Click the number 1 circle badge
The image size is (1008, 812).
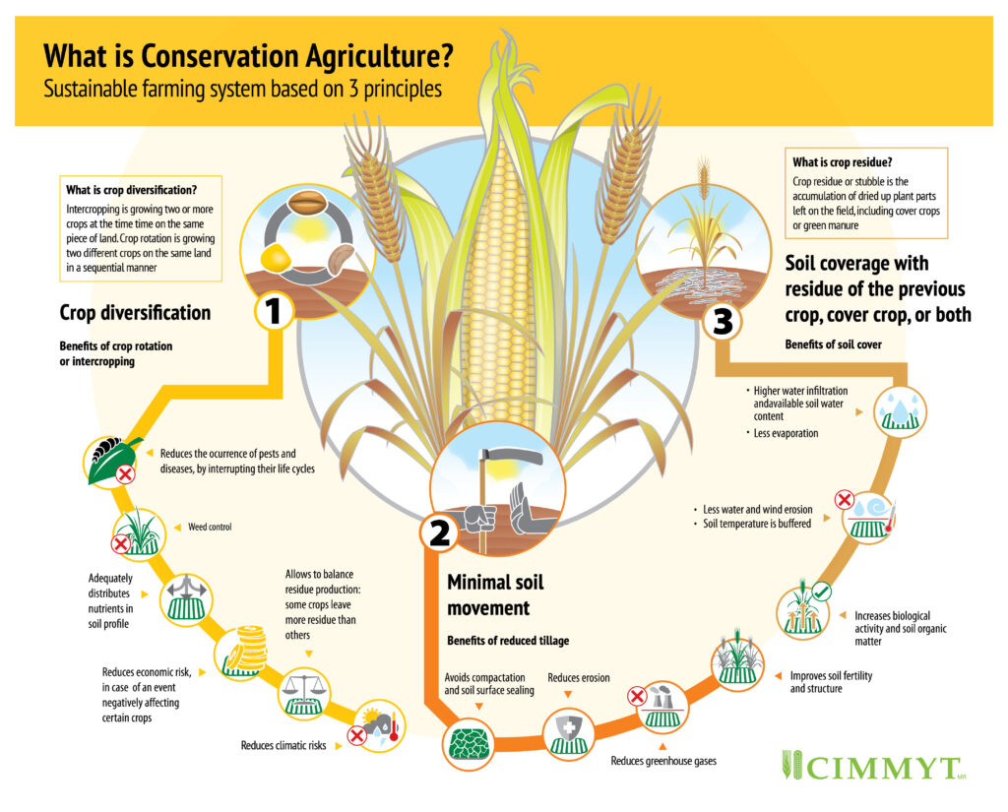point(274,312)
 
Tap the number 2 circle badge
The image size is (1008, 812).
point(436,532)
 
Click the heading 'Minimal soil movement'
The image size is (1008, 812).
point(495,593)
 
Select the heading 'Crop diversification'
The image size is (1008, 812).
point(135,313)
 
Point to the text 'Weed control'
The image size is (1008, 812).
point(210,528)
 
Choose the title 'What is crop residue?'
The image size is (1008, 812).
point(835,162)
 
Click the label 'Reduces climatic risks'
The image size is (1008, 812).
point(283,745)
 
